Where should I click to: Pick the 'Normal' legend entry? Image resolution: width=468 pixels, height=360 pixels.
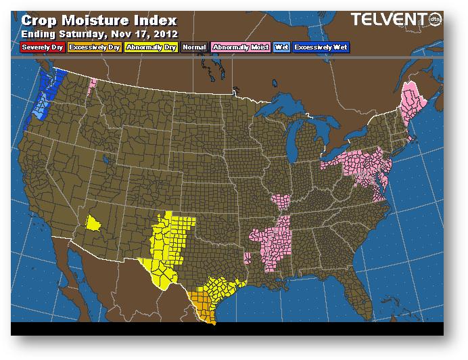tap(195, 47)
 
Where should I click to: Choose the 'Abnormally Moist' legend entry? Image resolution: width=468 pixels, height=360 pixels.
tap(240, 47)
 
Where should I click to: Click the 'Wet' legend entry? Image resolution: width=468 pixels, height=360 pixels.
tap(281, 47)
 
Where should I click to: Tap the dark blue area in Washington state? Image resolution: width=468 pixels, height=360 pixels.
tap(48, 85)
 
